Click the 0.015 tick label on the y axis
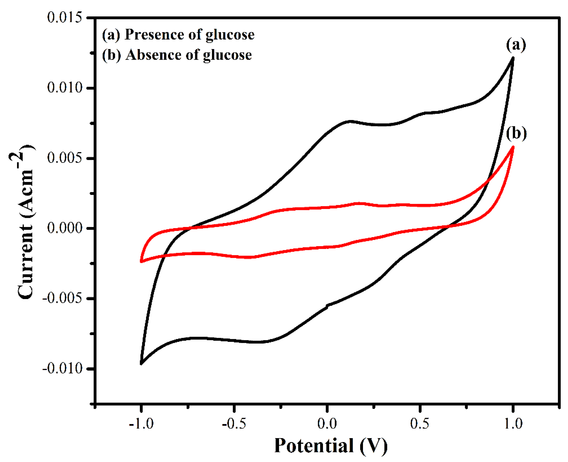[65, 18]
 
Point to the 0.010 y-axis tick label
[65, 88]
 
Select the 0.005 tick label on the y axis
[65, 158]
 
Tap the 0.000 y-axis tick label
[65, 228]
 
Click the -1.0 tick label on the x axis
[141, 423]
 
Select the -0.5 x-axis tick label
[234, 423]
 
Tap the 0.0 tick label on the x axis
[327, 423]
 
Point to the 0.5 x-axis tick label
[420, 423]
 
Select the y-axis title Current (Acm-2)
[25, 222]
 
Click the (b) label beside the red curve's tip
[516, 134]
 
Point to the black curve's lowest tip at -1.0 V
[141, 363]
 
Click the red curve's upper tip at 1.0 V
[513, 147]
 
